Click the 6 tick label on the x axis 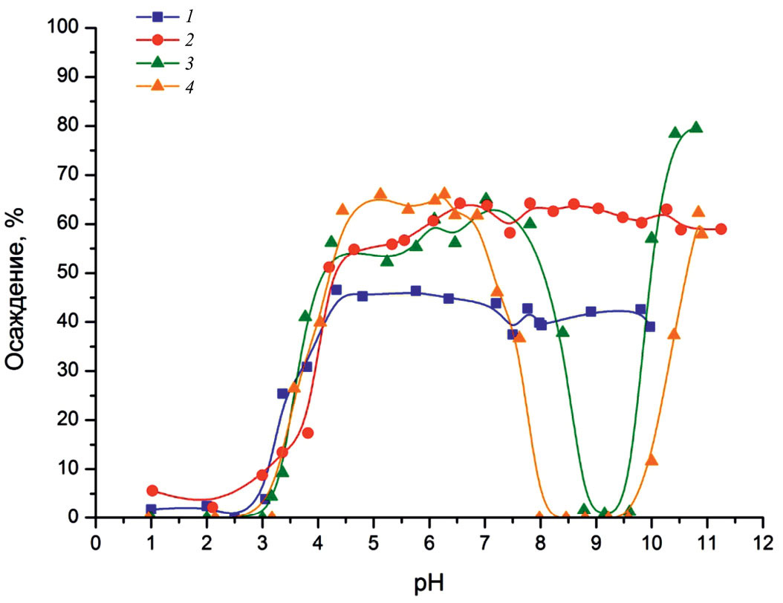(429, 538)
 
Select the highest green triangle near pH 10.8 (696, 127)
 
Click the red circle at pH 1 (152, 491)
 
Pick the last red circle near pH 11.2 (721, 229)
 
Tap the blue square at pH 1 (151, 509)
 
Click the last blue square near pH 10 (650, 326)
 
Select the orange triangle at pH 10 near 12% (652, 460)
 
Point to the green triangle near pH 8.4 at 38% (562, 331)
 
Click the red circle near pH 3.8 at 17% (308, 433)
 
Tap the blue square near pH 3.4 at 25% (282, 394)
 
